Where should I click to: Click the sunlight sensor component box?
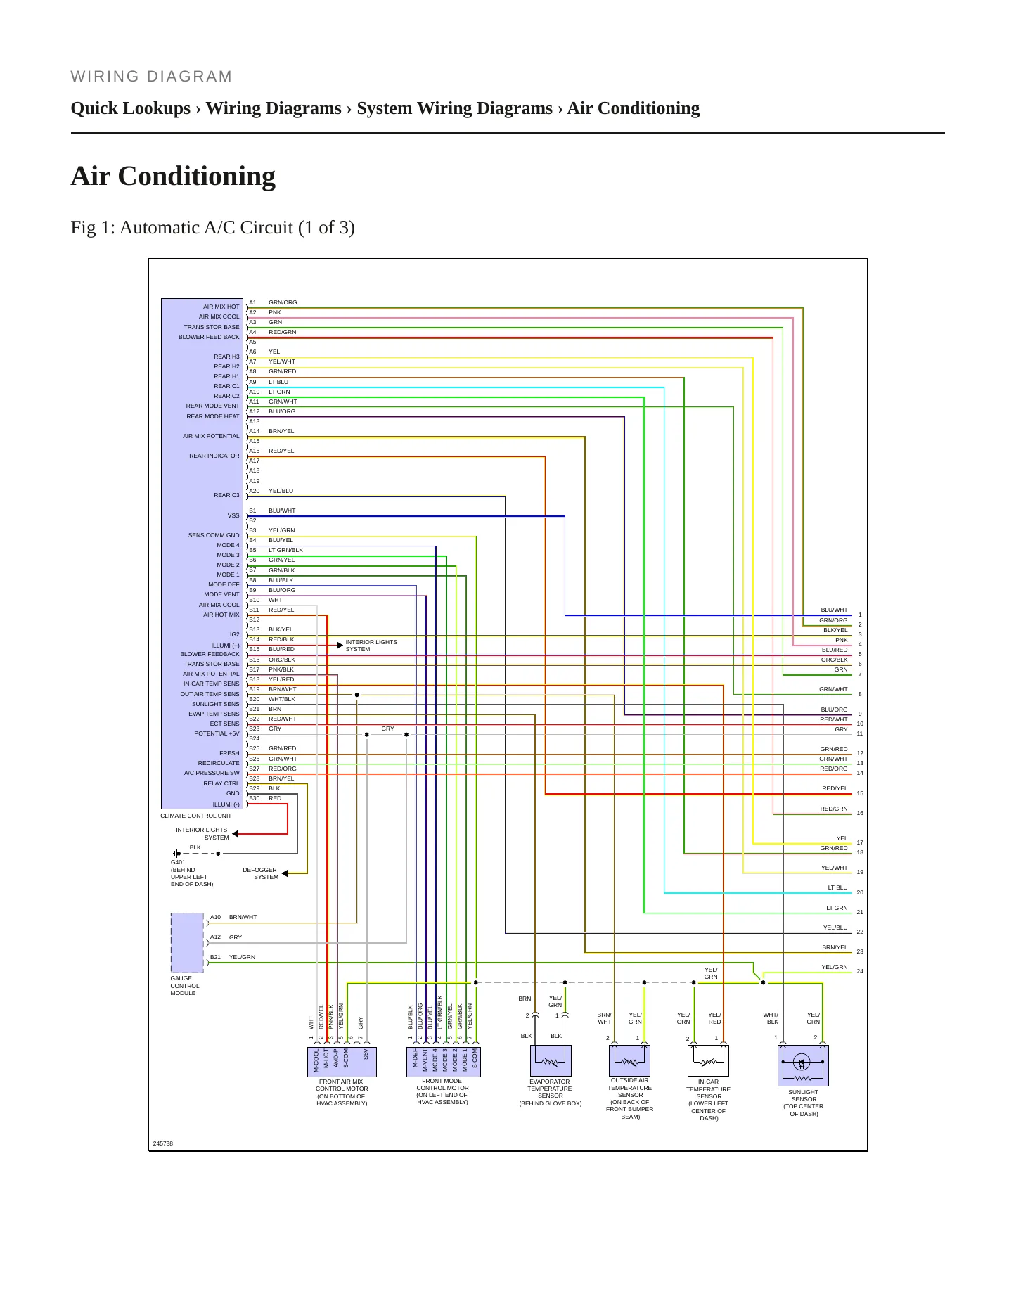[803, 1065]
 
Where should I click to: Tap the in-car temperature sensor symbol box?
[708, 1060]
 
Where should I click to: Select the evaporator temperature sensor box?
[551, 1060]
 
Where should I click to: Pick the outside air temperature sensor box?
[629, 1060]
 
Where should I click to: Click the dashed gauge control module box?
[187, 942]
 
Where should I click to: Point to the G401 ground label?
[178, 862]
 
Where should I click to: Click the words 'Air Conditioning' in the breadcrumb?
[634, 108]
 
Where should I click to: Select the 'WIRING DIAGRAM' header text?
[151, 77]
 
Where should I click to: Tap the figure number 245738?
[163, 1143]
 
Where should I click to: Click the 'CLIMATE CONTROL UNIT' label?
[195, 816]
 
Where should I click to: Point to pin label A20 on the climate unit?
[254, 491]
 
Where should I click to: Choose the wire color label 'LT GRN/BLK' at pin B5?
[285, 550]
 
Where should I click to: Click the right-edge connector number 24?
[860, 971]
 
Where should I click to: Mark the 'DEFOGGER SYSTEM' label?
[260, 873]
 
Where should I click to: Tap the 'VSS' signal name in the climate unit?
[233, 515]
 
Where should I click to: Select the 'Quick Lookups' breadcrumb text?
[131, 108]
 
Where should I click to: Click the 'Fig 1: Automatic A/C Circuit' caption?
[213, 228]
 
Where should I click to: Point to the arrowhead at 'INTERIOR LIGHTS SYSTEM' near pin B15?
[340, 645]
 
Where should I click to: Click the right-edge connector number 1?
[860, 615]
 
